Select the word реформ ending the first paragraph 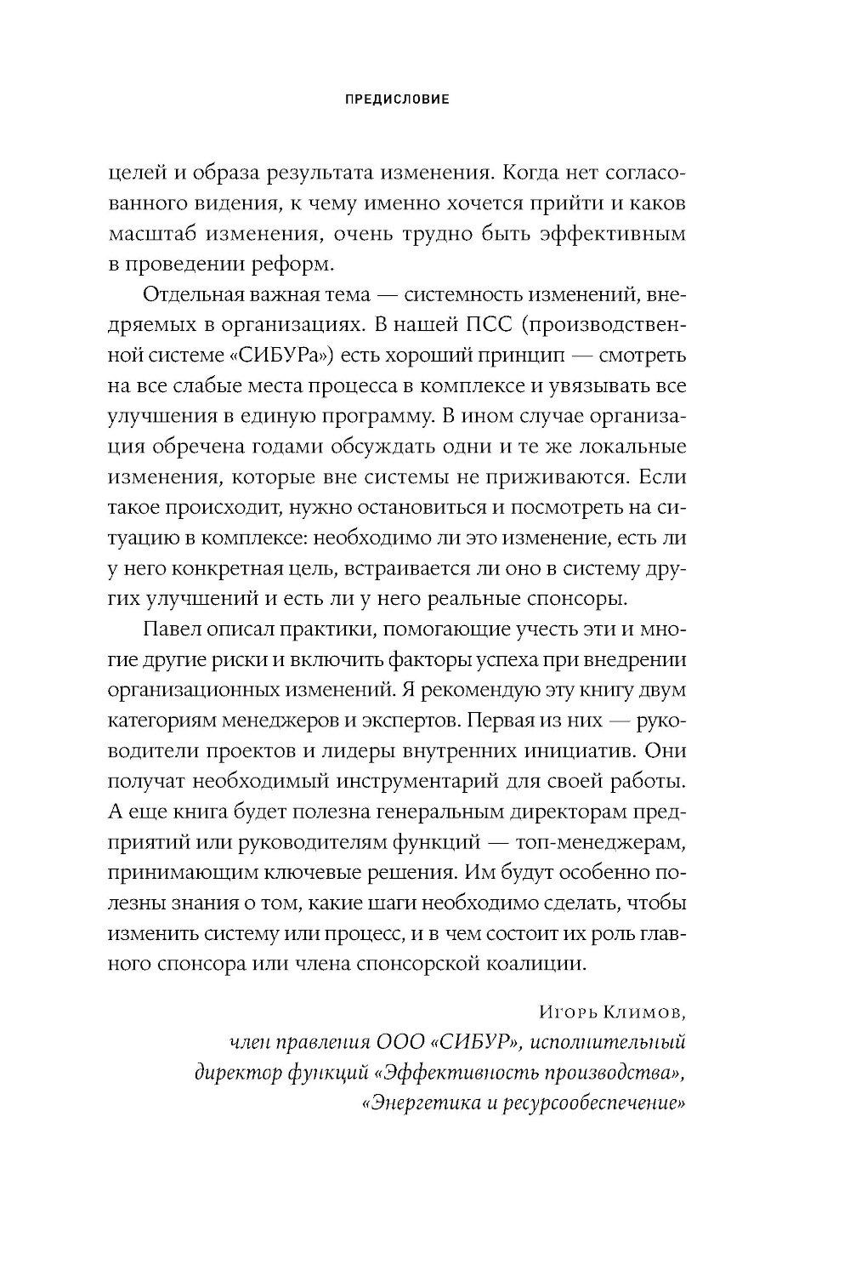pyautogui.click(x=295, y=264)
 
